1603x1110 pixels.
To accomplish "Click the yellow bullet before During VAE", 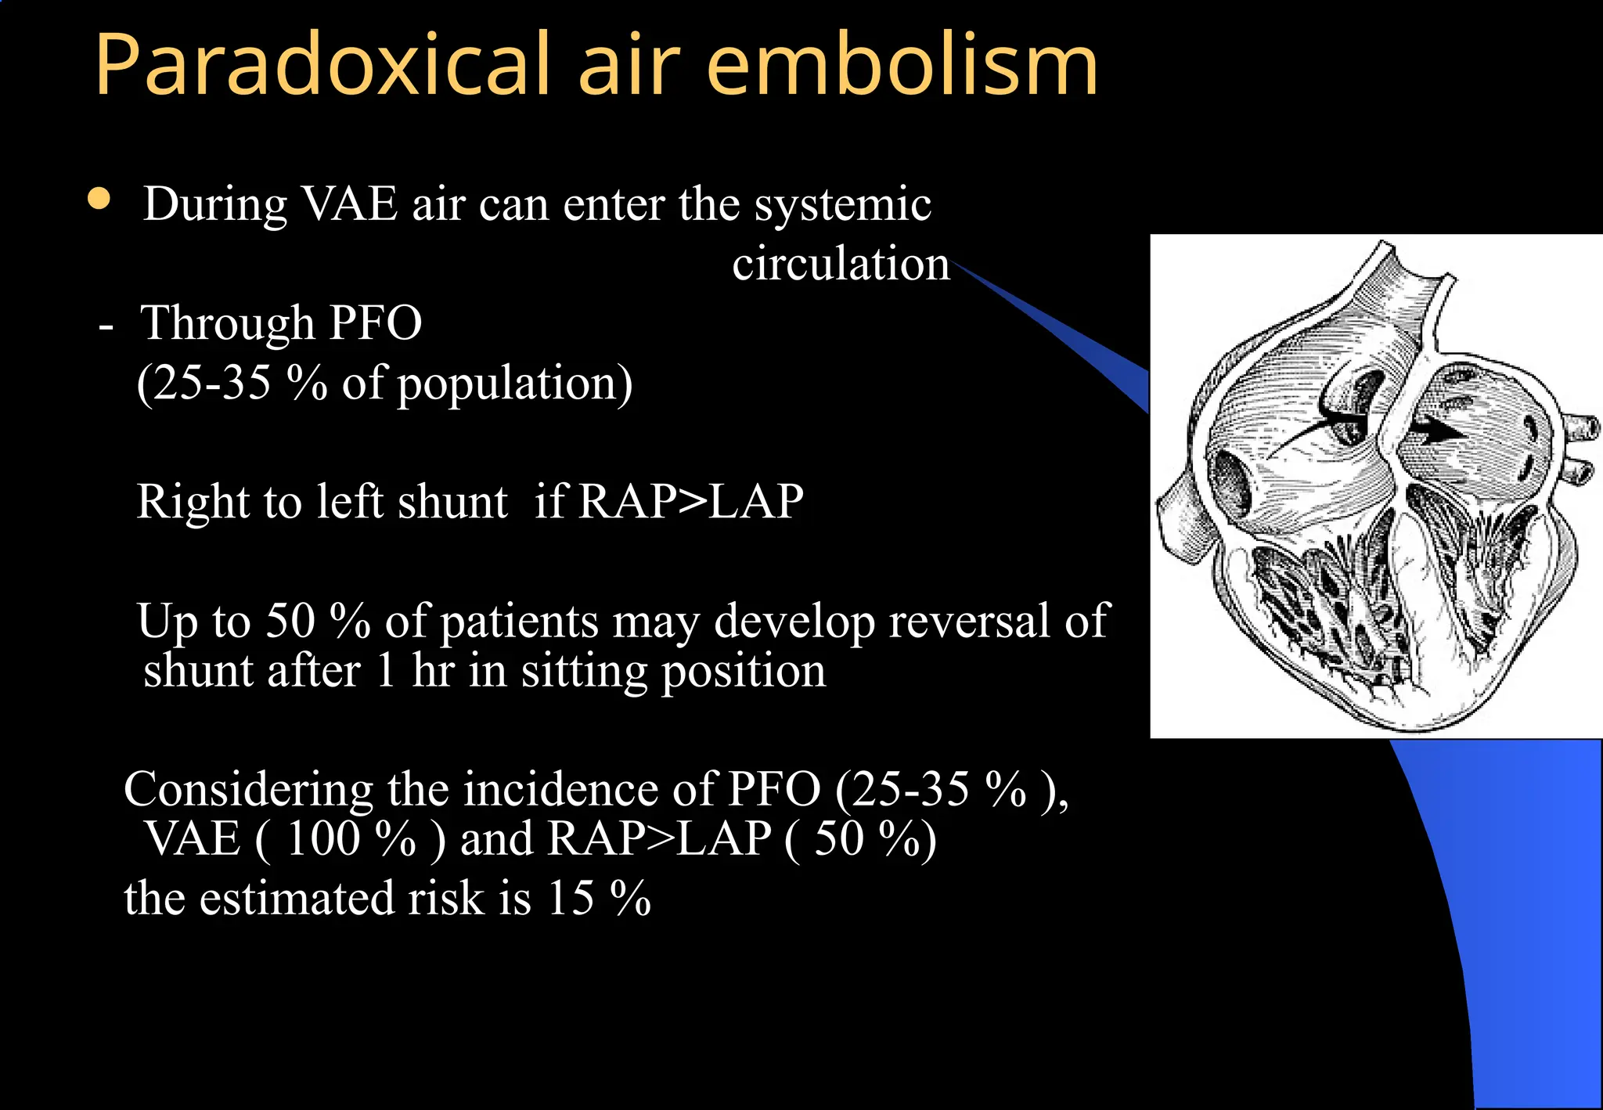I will point(99,199).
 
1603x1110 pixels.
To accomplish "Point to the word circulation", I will point(841,264).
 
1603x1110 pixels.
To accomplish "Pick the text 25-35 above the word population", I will point(211,383).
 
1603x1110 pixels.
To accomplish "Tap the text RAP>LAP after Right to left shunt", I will point(690,502).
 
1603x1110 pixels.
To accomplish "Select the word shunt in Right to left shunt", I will point(452,502).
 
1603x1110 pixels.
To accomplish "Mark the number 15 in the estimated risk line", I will point(571,898).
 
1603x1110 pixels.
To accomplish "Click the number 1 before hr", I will point(384,672).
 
